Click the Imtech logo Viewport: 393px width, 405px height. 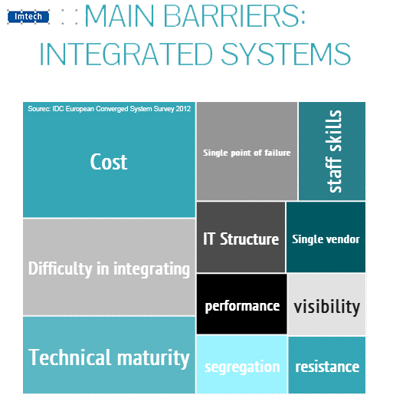(28, 17)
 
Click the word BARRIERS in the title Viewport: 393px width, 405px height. (234, 16)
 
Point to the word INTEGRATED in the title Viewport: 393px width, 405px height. (126, 54)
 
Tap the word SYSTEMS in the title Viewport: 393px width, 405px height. (286, 54)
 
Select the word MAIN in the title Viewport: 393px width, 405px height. (120, 16)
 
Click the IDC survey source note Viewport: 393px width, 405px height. (109, 109)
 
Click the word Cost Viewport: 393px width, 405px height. (109, 162)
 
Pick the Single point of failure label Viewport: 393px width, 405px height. (247, 153)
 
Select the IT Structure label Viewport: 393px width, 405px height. (241, 239)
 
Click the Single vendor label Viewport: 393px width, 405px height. (326, 239)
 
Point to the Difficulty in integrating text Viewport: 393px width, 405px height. (109, 269)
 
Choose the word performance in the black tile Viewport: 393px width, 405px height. (242, 306)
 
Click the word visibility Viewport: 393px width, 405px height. (326, 307)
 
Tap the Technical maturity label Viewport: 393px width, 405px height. (109, 357)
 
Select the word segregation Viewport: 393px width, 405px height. (242, 367)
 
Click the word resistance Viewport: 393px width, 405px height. (327, 367)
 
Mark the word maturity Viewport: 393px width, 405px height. (153, 359)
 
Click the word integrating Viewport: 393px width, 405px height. (152, 270)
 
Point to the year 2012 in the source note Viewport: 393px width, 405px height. (183, 108)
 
